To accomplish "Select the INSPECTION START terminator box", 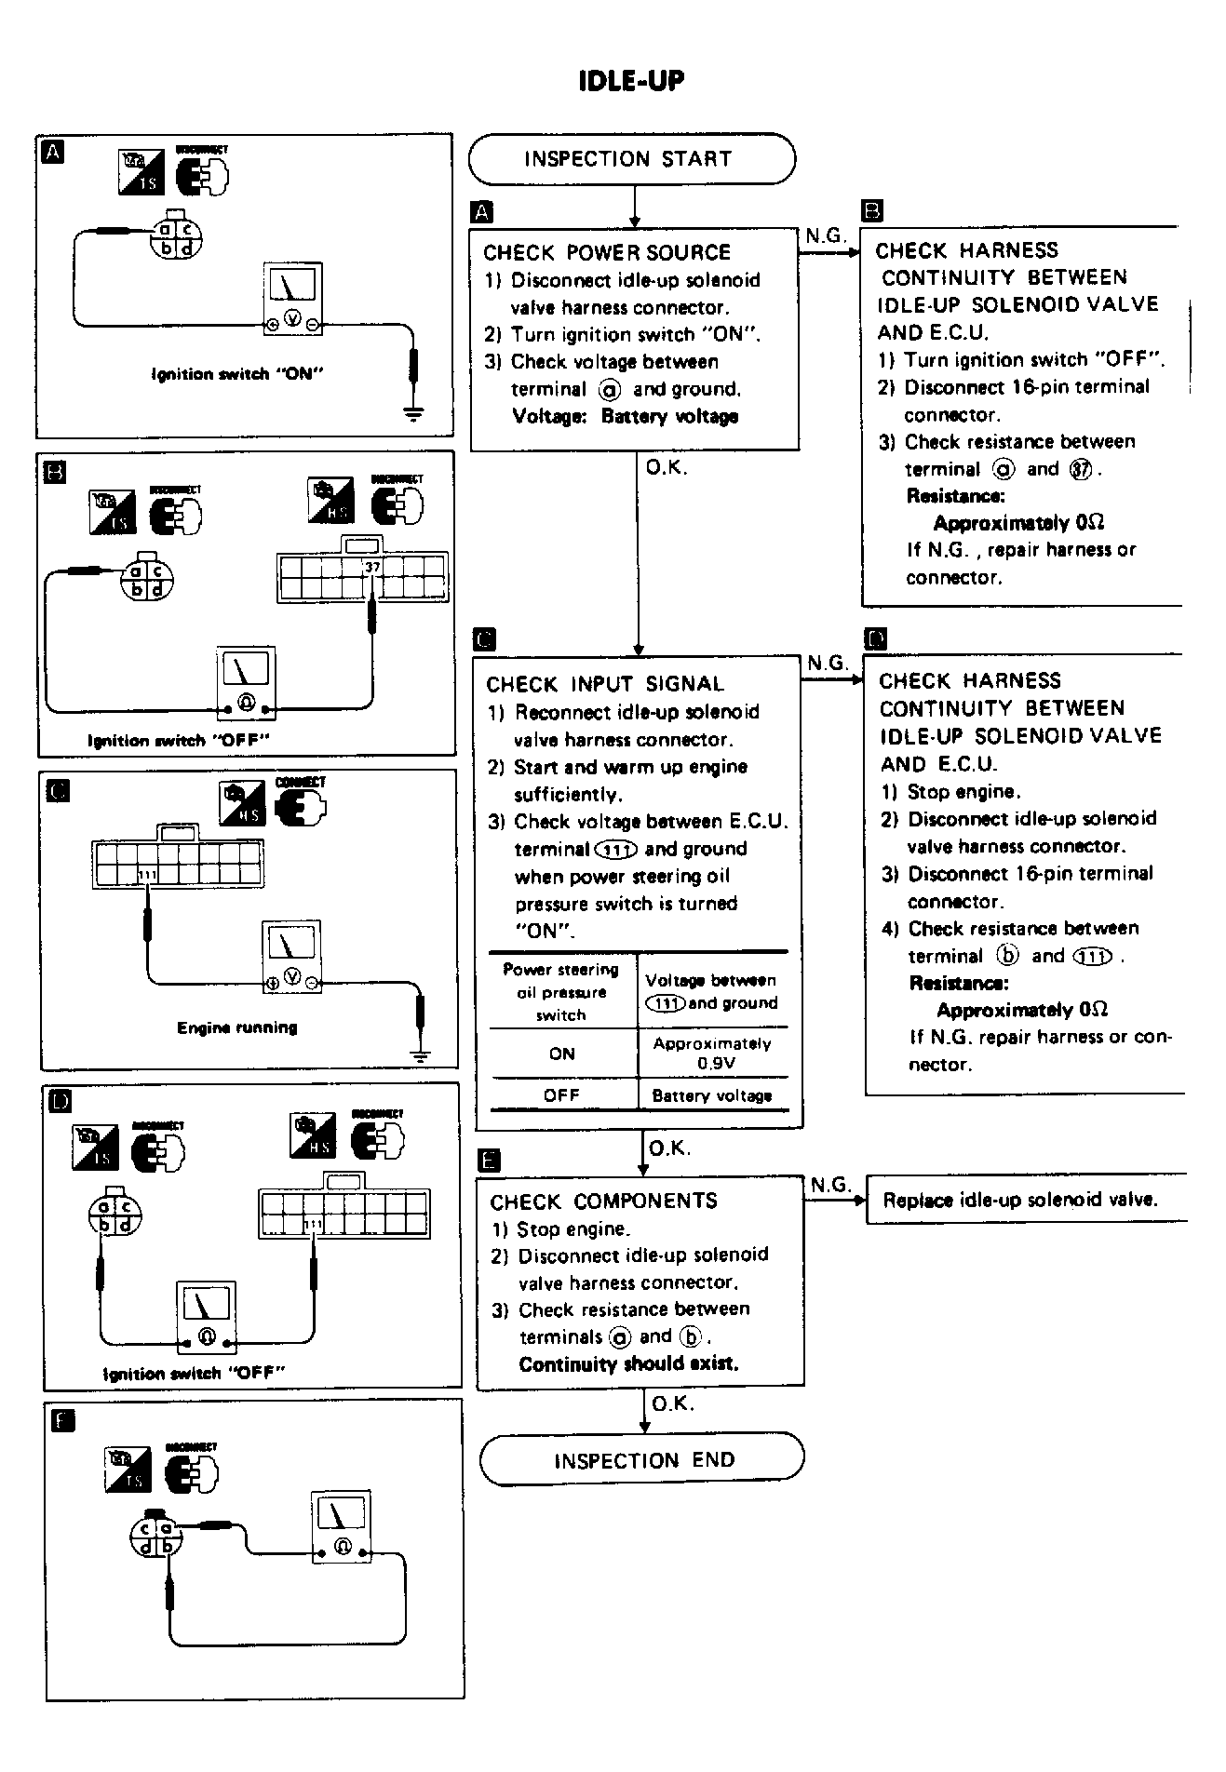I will click(631, 159).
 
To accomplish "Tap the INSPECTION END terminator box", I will click(642, 1459).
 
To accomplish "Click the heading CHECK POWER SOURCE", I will click(606, 252).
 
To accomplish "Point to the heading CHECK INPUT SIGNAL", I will click(604, 684).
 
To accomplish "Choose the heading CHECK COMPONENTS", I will click(603, 1201).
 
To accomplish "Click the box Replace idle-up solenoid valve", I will click(1020, 1200).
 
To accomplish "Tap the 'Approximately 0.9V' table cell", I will click(712, 1053).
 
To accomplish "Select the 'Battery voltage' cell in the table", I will click(712, 1095).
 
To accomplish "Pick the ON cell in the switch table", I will click(561, 1054).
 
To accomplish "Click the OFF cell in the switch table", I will click(561, 1095).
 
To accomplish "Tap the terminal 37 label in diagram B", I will click(372, 567).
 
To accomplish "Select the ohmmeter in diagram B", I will click(246, 682).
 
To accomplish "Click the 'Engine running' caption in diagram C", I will click(236, 1027).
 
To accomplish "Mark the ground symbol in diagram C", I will click(421, 1055).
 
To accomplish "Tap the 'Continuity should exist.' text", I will click(628, 1364).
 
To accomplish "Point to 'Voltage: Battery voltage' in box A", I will click(625, 416).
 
